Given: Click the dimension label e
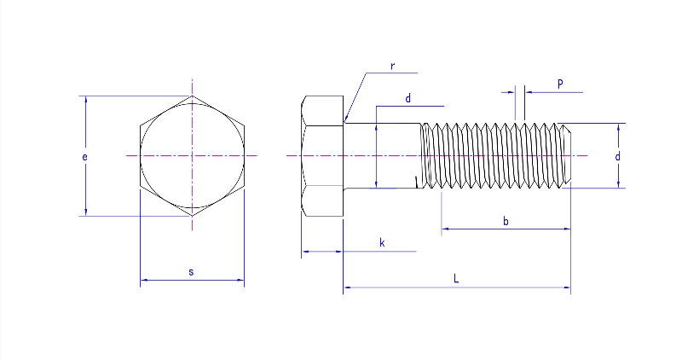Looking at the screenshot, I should point(86,157).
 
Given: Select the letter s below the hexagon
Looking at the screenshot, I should point(191,272).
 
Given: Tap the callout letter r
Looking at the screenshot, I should point(392,66).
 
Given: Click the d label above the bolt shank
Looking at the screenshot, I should point(408,99).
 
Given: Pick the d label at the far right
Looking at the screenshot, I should point(617,157).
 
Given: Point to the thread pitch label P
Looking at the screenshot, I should point(559,84).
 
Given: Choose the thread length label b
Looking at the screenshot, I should point(506,221).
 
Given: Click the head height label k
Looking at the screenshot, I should point(382,244).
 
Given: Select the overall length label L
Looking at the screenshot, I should point(457,279).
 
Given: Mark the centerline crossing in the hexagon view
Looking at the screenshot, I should point(193,155).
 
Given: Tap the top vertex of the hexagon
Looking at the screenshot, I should point(193,96).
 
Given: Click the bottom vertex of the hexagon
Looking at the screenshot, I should point(193,216).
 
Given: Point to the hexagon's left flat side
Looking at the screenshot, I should point(141,155).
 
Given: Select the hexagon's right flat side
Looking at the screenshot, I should point(245,155).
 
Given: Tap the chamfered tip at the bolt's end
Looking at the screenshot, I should point(566,155).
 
